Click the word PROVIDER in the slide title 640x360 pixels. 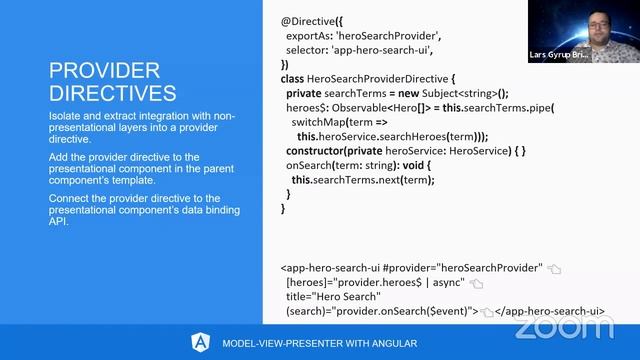[x=105, y=70]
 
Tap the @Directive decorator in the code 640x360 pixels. [x=311, y=19]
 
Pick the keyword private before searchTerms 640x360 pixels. [x=304, y=93]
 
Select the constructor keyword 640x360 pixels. [x=325, y=151]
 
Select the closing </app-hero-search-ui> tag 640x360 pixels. [x=551, y=311]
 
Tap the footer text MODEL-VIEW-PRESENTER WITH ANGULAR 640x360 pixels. [x=319, y=343]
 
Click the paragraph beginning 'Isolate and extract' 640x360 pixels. [x=129, y=129]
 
